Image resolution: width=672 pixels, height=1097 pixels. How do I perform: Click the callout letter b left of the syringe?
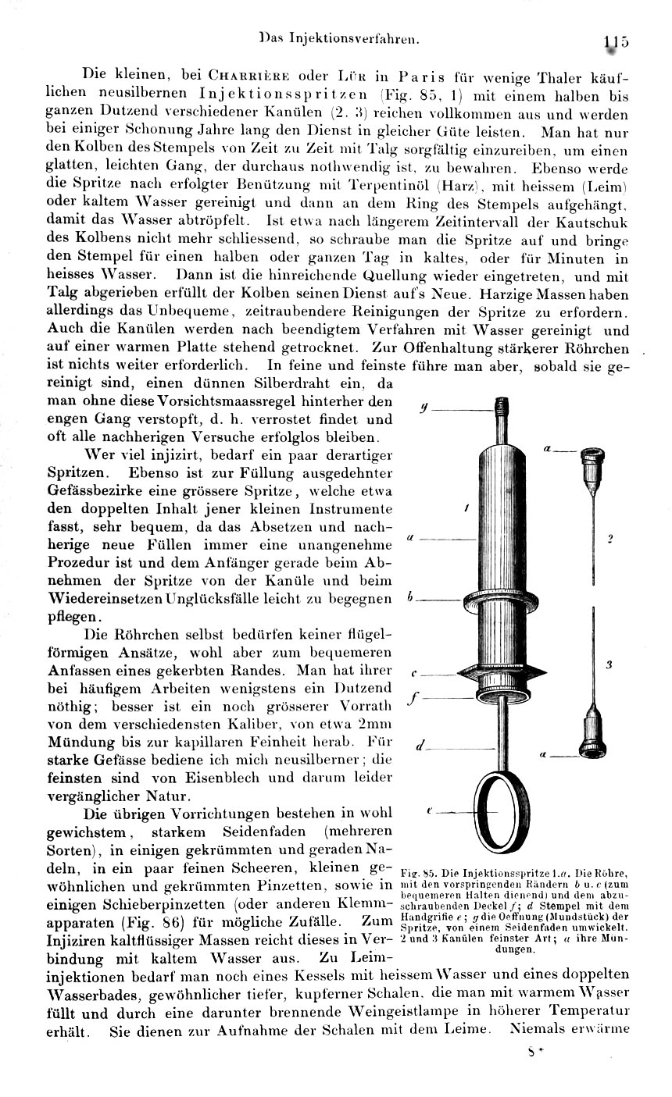pos(411,600)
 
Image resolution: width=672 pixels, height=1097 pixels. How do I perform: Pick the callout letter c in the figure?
pos(414,673)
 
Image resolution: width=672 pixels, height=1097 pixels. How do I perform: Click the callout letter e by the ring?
pos(431,812)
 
